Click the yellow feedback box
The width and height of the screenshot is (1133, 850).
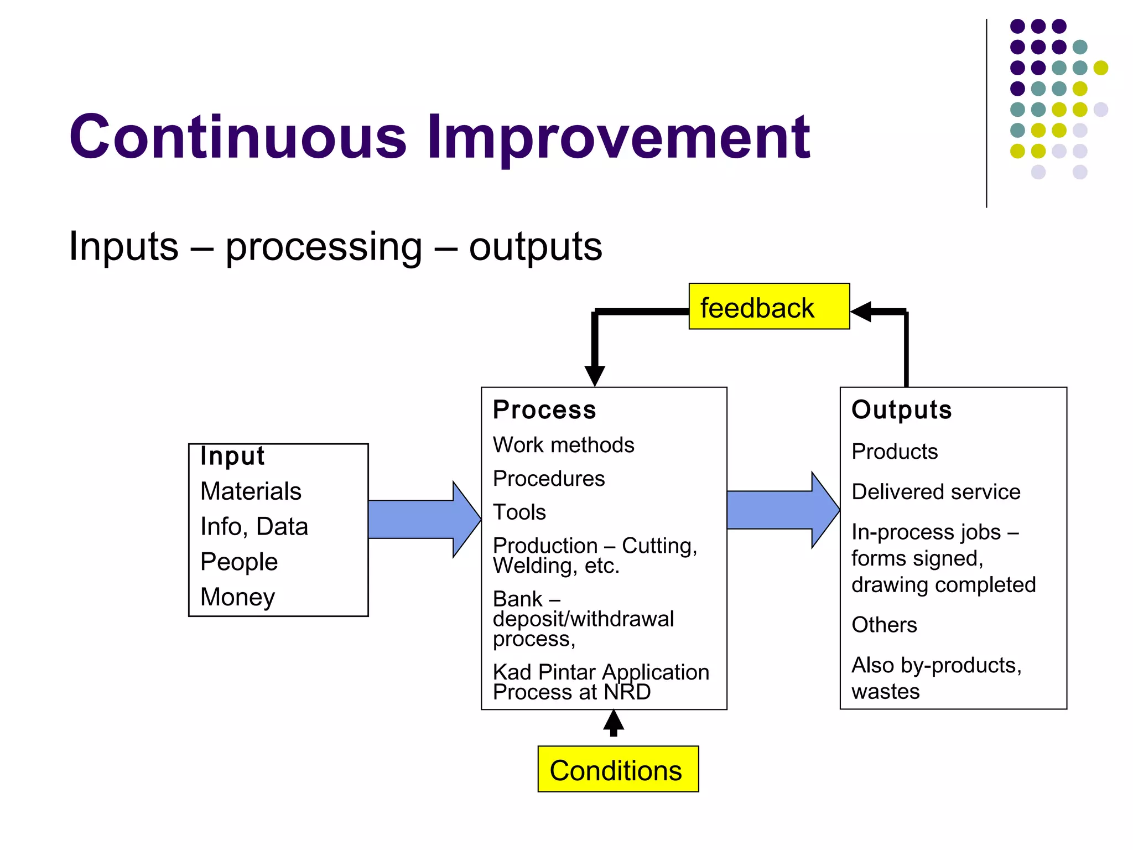[x=768, y=307]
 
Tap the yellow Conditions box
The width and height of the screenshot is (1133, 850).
[x=617, y=769]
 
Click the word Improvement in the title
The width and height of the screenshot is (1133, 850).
[x=618, y=137]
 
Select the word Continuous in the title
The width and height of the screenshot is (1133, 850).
[x=238, y=137]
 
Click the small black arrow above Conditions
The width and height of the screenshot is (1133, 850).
[x=614, y=722]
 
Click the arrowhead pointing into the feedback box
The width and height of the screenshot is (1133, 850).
[x=862, y=312]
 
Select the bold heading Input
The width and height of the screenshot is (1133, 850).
[x=232, y=456]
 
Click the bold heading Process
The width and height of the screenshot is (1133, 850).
[x=544, y=410]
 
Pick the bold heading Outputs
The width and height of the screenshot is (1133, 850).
[x=901, y=410]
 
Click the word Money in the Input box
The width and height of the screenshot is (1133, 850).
[x=237, y=597]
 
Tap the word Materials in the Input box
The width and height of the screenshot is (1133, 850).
[x=251, y=491]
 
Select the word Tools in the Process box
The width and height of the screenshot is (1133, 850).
[x=519, y=512]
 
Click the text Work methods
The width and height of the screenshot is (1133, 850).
[x=563, y=445]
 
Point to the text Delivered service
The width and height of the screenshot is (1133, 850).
[x=935, y=491]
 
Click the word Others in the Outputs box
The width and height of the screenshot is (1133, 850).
[x=884, y=625]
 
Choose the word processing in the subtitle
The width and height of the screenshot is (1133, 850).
[x=324, y=247]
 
